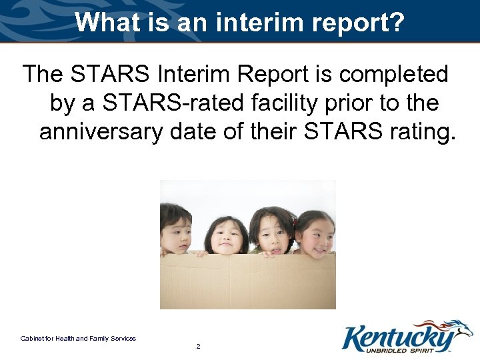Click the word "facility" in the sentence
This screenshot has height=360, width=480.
pyautogui.click(x=287, y=103)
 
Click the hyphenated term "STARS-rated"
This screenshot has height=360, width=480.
pyautogui.click(x=175, y=103)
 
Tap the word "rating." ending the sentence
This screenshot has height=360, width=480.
pyautogui.click(x=420, y=131)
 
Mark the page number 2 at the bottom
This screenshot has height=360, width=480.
pyautogui.click(x=199, y=347)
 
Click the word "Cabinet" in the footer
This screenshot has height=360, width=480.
pyautogui.click(x=31, y=339)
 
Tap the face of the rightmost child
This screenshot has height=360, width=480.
pyautogui.click(x=315, y=235)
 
